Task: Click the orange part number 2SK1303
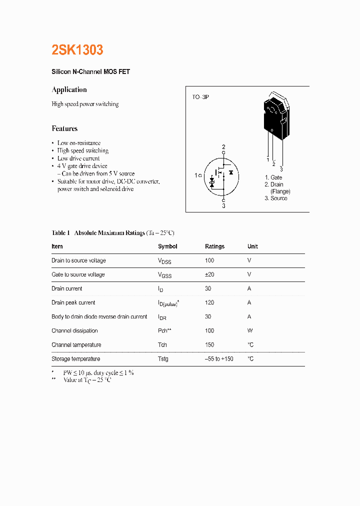tap(77, 50)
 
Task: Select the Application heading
tap(69, 89)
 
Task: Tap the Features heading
tap(64, 128)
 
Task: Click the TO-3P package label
tap(200, 96)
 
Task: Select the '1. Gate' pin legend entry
tap(273, 177)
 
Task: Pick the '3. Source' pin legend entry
tap(275, 198)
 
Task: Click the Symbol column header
tap(167, 246)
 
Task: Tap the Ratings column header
tap(214, 246)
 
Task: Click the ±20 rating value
tap(210, 274)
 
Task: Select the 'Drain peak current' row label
tap(73, 302)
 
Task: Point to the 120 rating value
tap(209, 302)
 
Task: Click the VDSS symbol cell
tap(164, 261)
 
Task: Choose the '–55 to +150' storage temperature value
tap(219, 359)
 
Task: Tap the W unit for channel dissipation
tap(250, 330)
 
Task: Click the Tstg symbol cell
tap(163, 359)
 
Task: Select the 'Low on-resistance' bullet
tap(78, 143)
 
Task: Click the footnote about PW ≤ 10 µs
tap(98, 372)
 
